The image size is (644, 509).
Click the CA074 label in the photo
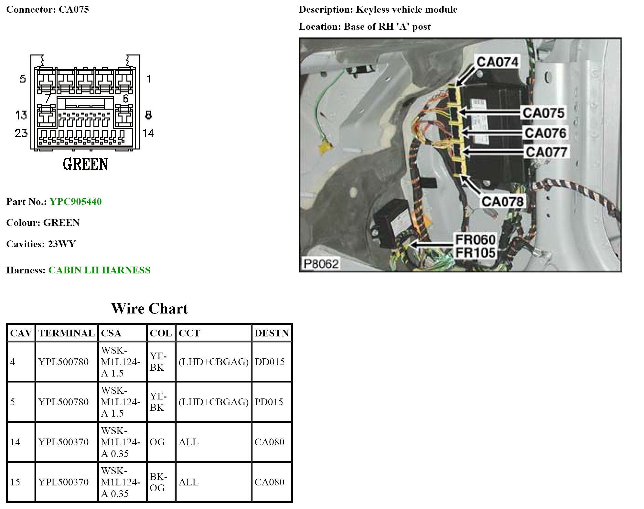[497, 62]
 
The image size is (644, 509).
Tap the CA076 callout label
[545, 133]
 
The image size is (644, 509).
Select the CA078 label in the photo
[502, 202]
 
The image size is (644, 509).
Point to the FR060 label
[475, 240]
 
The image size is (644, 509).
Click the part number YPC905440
[76, 202]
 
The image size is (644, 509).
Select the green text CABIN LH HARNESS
[99, 270]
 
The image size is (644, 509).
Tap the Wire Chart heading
[149, 309]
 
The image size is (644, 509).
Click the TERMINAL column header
[66, 333]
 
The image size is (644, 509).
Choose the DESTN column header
[271, 333]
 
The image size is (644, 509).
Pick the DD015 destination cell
[269, 362]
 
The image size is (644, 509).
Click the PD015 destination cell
[268, 402]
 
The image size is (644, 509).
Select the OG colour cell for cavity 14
[157, 442]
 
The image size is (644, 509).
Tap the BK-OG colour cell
[158, 482]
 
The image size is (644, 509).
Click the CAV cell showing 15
[16, 482]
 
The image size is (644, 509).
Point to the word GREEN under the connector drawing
[85, 164]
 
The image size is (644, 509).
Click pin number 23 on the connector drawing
[21, 133]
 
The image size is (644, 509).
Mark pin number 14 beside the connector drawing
[148, 133]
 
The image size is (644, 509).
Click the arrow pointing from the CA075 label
[490, 112]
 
